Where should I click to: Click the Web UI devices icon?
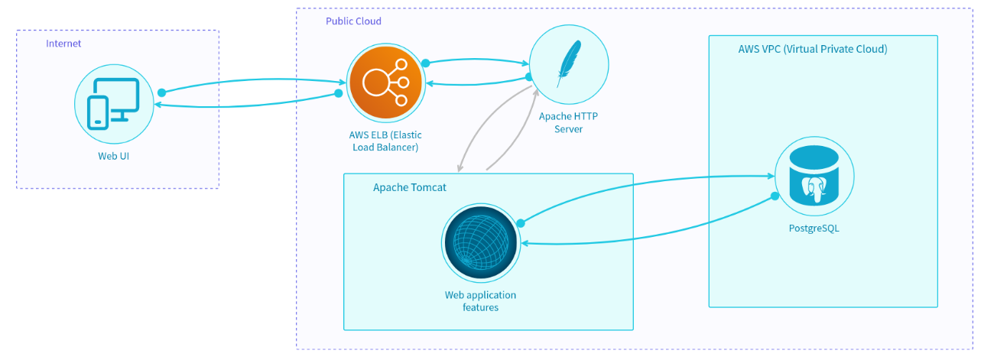click(x=114, y=104)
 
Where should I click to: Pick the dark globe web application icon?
click(x=481, y=242)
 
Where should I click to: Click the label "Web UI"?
click(x=114, y=156)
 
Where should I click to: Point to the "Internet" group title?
click(x=63, y=44)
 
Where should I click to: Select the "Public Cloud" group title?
click(x=353, y=21)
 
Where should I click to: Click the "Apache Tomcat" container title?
click(x=409, y=187)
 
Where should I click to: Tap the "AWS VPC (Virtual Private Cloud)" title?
click(x=813, y=49)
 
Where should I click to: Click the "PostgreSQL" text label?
click(x=814, y=228)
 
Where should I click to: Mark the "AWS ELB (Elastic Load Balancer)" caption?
click(x=384, y=141)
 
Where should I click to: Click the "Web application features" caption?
click(x=480, y=301)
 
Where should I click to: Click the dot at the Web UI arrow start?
click(x=161, y=92)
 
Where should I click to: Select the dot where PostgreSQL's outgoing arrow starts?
click(x=774, y=197)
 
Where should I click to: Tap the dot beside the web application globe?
click(x=520, y=223)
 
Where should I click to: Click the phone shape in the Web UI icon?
click(x=98, y=112)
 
